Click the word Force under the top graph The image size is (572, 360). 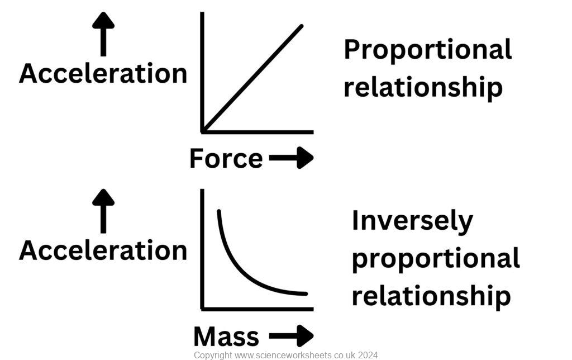click(226, 159)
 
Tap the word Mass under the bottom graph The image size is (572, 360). click(226, 337)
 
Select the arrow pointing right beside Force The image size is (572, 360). click(291, 158)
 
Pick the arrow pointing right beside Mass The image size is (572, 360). click(291, 336)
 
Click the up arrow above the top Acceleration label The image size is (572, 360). click(103, 34)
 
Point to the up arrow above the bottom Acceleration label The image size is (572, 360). click(103, 211)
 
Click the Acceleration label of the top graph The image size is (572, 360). click(103, 74)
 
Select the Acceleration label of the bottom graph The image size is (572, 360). click(103, 250)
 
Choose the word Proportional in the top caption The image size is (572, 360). click(427, 50)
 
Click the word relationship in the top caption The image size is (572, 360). click(423, 88)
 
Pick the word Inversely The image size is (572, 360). click(412, 221)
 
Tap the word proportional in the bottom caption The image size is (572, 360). click(436, 259)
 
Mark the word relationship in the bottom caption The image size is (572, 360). click(431, 296)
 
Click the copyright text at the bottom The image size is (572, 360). click(285, 355)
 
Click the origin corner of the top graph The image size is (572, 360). click(203, 131)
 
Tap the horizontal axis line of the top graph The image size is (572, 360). click(257, 132)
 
